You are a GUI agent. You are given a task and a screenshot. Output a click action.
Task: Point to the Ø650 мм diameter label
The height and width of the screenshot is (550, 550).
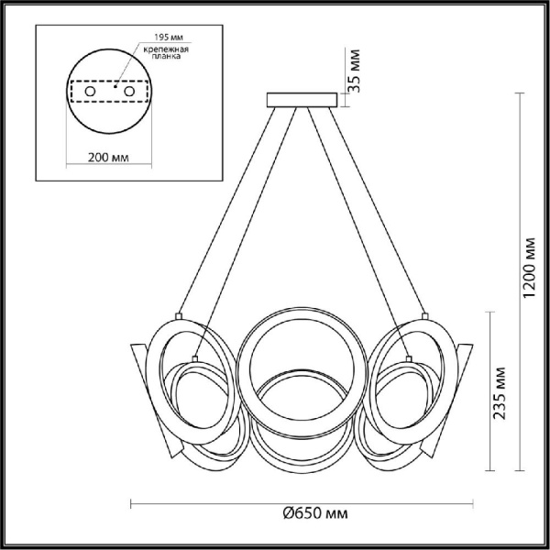[302, 519]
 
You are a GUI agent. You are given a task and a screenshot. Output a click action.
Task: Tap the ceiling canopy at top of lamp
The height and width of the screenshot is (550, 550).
[302, 99]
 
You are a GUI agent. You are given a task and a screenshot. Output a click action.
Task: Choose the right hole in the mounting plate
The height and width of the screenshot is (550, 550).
[129, 92]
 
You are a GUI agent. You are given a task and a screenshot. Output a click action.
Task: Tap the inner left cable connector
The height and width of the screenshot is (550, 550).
[196, 351]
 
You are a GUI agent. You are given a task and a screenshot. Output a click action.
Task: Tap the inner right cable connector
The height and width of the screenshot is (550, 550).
[409, 351]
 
